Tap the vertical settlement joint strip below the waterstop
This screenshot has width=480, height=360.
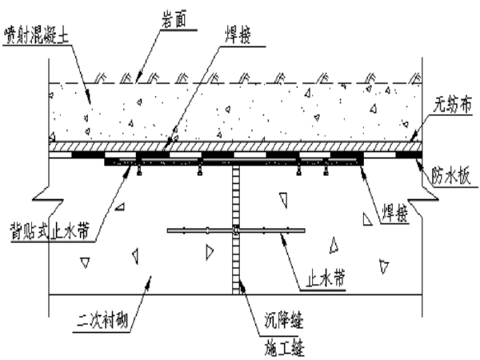click(x=236, y=264)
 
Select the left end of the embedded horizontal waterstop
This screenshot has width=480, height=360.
click(x=170, y=231)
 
